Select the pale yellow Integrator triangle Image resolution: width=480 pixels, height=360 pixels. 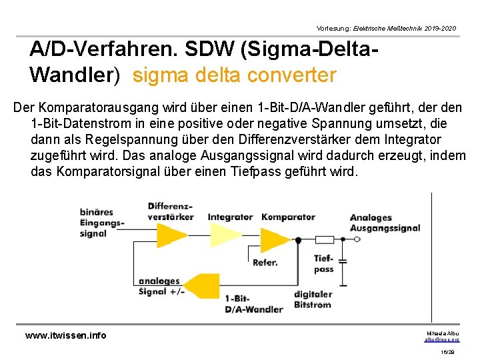(x=225, y=234)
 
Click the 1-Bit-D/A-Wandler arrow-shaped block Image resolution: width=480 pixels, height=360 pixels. (x=202, y=285)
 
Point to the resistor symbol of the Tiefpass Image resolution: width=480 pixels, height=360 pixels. (x=324, y=239)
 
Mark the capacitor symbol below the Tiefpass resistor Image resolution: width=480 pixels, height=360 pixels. (x=344, y=259)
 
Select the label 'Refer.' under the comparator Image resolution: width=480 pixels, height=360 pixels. (x=265, y=263)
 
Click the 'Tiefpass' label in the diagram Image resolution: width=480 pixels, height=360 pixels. (x=323, y=263)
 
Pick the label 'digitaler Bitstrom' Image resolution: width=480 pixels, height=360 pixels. (x=312, y=299)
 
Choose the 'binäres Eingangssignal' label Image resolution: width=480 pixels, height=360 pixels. (x=101, y=223)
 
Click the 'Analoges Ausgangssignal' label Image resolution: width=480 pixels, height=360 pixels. (x=385, y=223)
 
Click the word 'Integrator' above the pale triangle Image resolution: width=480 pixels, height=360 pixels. (x=230, y=217)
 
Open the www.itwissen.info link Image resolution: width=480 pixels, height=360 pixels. (x=65, y=335)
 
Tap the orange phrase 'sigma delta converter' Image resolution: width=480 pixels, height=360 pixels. (x=234, y=75)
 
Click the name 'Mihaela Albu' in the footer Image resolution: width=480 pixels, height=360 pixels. (x=442, y=333)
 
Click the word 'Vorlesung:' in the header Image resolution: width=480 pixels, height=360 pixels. (x=333, y=29)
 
